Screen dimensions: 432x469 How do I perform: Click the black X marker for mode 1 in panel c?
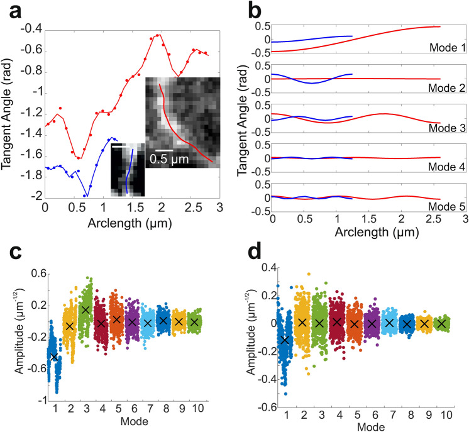tap(55, 357)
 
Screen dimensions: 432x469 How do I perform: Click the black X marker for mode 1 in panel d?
tap(287, 340)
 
